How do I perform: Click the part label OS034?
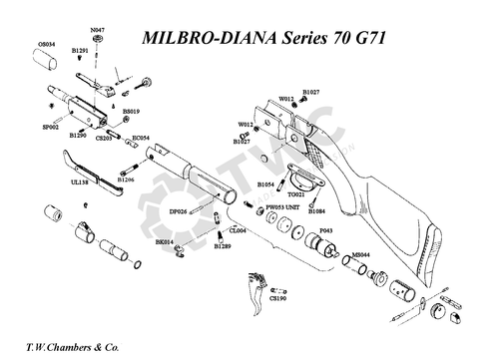pyautogui.click(x=46, y=44)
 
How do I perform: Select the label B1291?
pyautogui.click(x=81, y=50)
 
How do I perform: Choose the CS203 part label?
pyautogui.click(x=104, y=138)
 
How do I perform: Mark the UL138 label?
pyautogui.click(x=67, y=182)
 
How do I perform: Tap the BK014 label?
pyautogui.click(x=165, y=241)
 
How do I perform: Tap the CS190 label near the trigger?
pyautogui.click(x=278, y=298)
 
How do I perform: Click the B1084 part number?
pyautogui.click(x=317, y=211)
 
